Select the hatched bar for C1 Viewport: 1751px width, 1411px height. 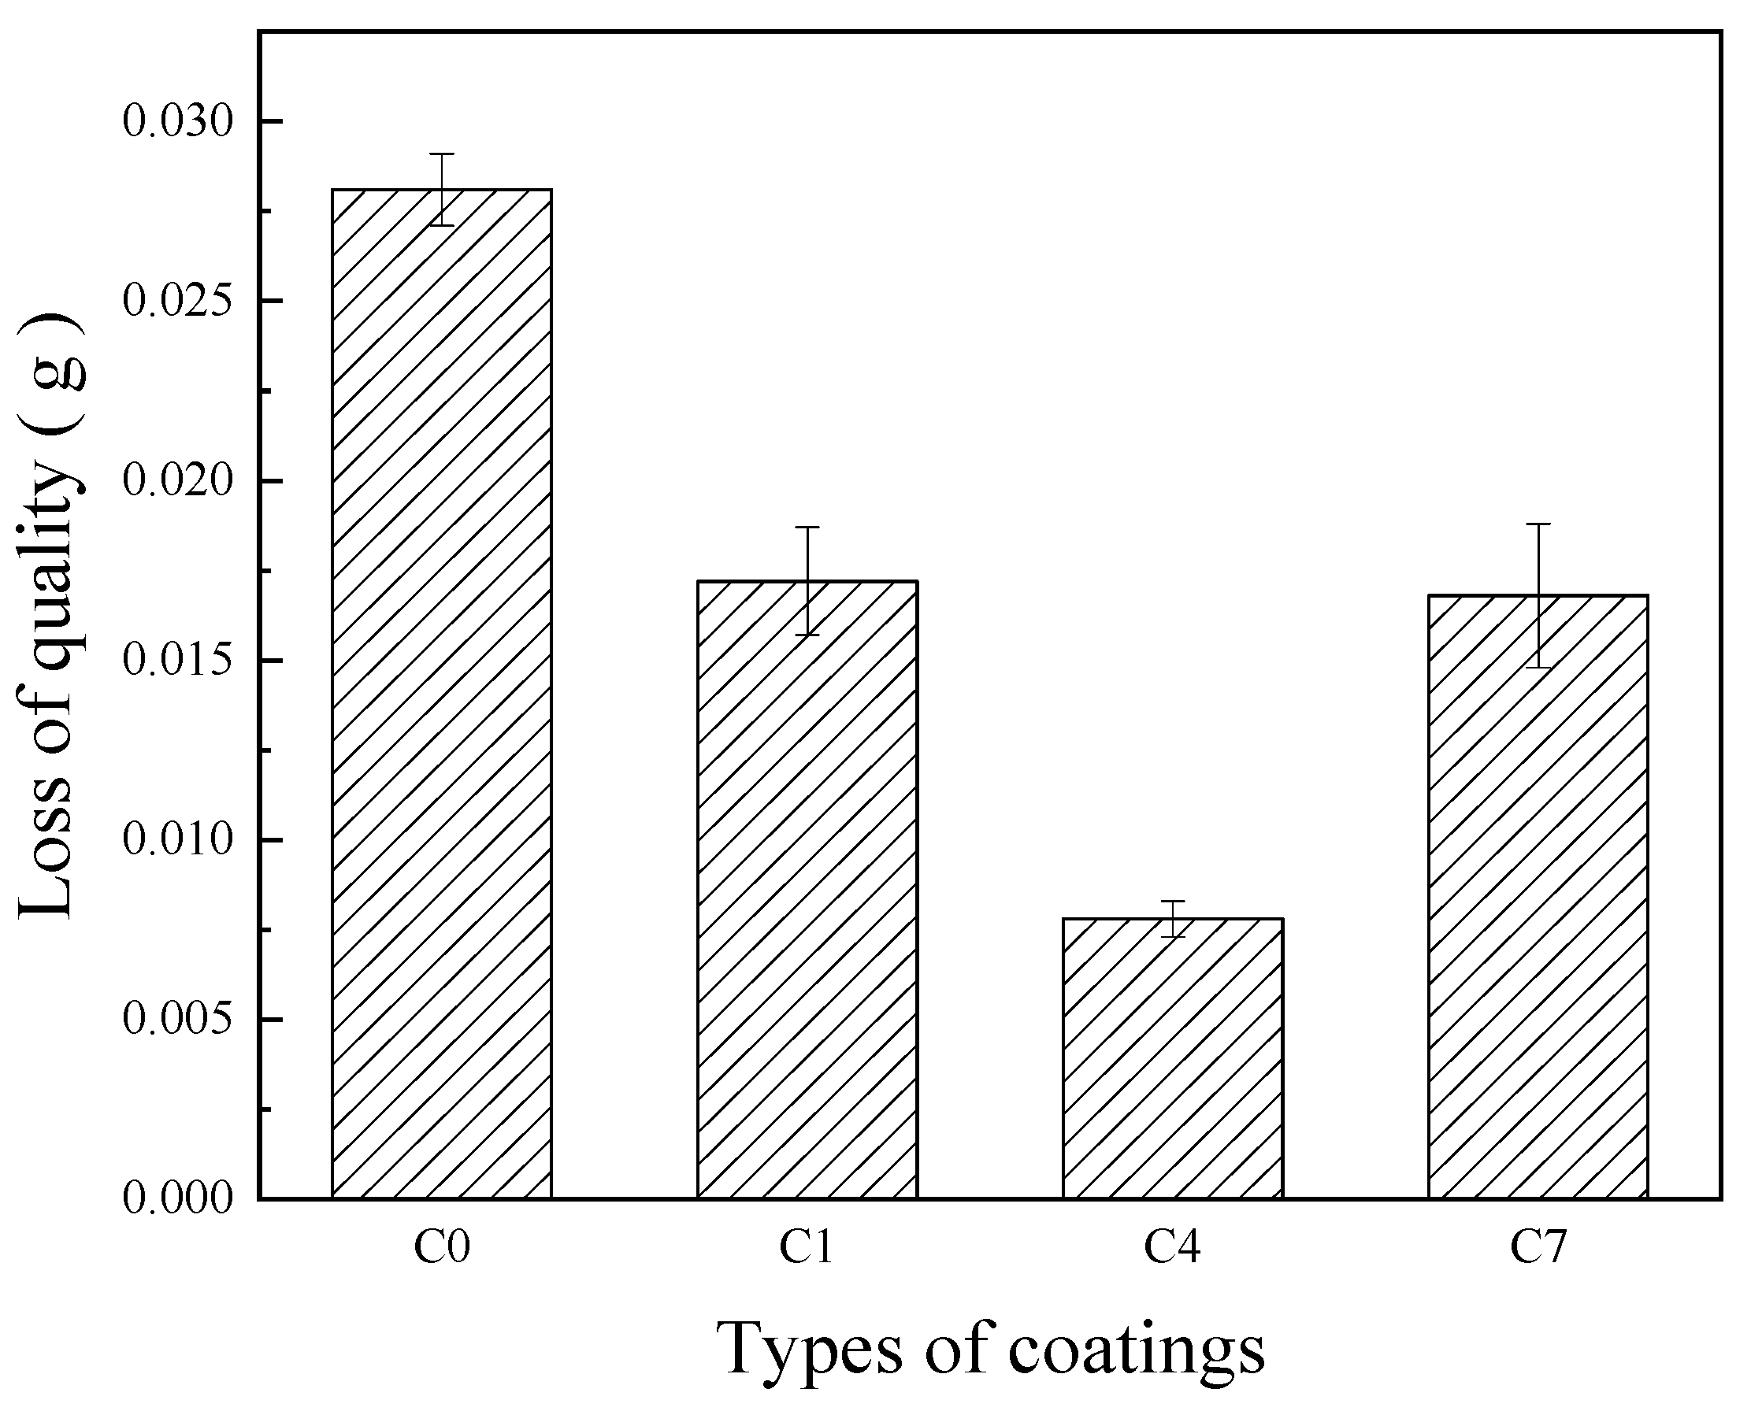tap(807, 889)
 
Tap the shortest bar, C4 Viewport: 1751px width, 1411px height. tap(1172, 1057)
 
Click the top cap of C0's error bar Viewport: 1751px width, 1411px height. tap(441, 154)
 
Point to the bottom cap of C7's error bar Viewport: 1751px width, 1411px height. tap(1538, 667)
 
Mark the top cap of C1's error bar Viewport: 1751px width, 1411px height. tap(807, 528)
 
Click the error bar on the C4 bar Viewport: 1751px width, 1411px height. tap(1172, 918)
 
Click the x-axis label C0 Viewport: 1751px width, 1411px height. tap(441, 1248)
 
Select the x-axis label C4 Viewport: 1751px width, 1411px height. tap(1172, 1248)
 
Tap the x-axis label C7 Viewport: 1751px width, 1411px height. tap(1538, 1248)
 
